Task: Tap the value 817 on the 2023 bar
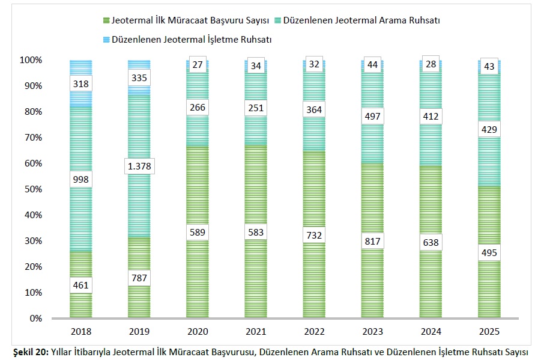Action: [372, 240]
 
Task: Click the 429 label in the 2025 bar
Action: [489, 129]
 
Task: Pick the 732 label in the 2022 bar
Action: [313, 234]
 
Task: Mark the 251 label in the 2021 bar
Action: [255, 108]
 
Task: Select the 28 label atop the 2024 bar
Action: [430, 64]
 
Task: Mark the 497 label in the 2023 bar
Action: [372, 116]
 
